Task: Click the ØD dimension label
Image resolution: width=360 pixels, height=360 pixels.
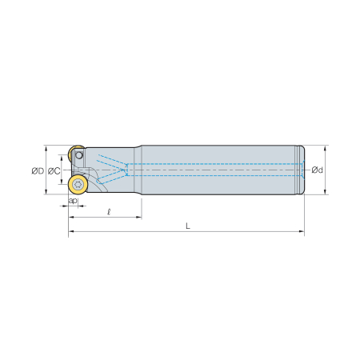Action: [38, 170]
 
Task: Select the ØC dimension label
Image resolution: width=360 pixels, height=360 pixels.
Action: [54, 171]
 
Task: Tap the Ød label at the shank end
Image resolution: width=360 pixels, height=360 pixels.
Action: [318, 170]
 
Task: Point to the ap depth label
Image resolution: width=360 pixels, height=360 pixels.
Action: [73, 201]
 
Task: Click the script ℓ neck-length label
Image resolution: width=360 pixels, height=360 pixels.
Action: [109, 212]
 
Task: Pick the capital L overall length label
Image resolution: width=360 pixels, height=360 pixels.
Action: [188, 226]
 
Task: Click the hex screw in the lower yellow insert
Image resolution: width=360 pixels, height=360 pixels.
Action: [78, 184]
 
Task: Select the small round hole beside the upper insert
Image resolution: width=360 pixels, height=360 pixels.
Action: [79, 155]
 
